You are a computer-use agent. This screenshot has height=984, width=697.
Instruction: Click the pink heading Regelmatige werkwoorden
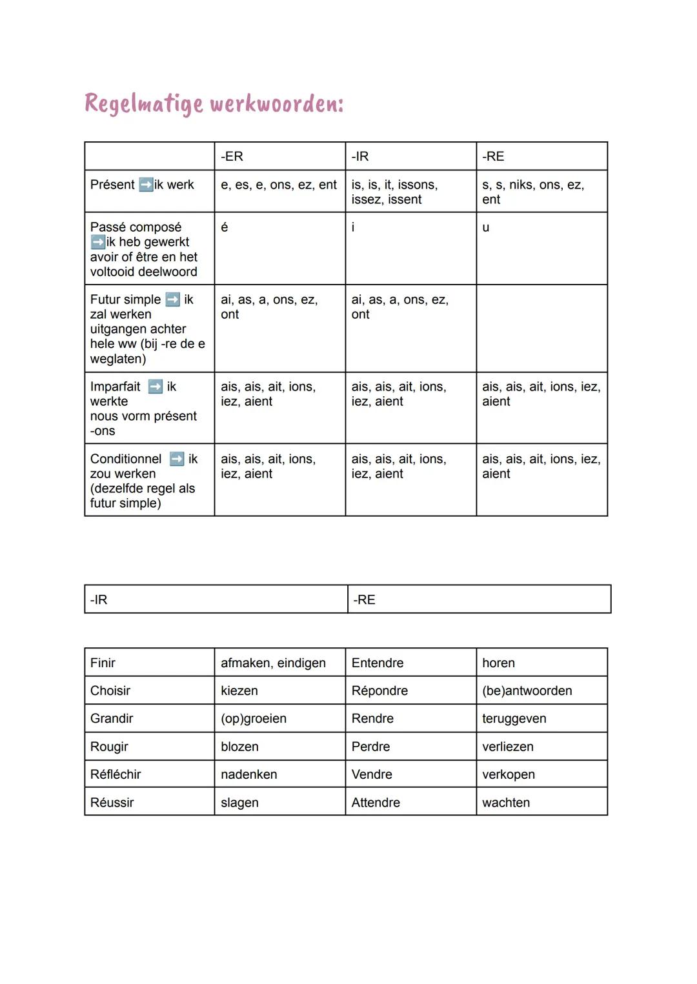point(214,103)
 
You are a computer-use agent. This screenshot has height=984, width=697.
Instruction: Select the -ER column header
point(232,157)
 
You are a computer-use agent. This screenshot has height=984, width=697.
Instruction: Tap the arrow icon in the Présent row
point(146,185)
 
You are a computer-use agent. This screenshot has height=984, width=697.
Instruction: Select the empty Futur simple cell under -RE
point(541,328)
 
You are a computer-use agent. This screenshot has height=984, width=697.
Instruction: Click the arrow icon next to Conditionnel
point(177,459)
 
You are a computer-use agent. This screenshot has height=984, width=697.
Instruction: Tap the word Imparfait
point(116,387)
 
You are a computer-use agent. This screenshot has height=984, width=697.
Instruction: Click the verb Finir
point(103,663)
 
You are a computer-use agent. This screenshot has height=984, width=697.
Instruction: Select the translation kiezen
point(239,690)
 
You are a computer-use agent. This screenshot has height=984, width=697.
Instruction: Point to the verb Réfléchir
point(116,774)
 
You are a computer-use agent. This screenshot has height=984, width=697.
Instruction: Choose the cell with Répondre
point(379,690)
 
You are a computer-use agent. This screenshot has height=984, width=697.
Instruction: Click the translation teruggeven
point(514,718)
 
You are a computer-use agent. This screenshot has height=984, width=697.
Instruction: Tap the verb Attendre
point(376,802)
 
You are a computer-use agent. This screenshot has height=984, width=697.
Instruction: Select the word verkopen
point(509,774)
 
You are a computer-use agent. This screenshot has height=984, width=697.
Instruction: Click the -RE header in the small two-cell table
point(365,599)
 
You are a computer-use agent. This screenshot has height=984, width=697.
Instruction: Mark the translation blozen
point(239,747)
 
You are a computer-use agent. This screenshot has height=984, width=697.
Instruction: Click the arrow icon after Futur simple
point(172,299)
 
